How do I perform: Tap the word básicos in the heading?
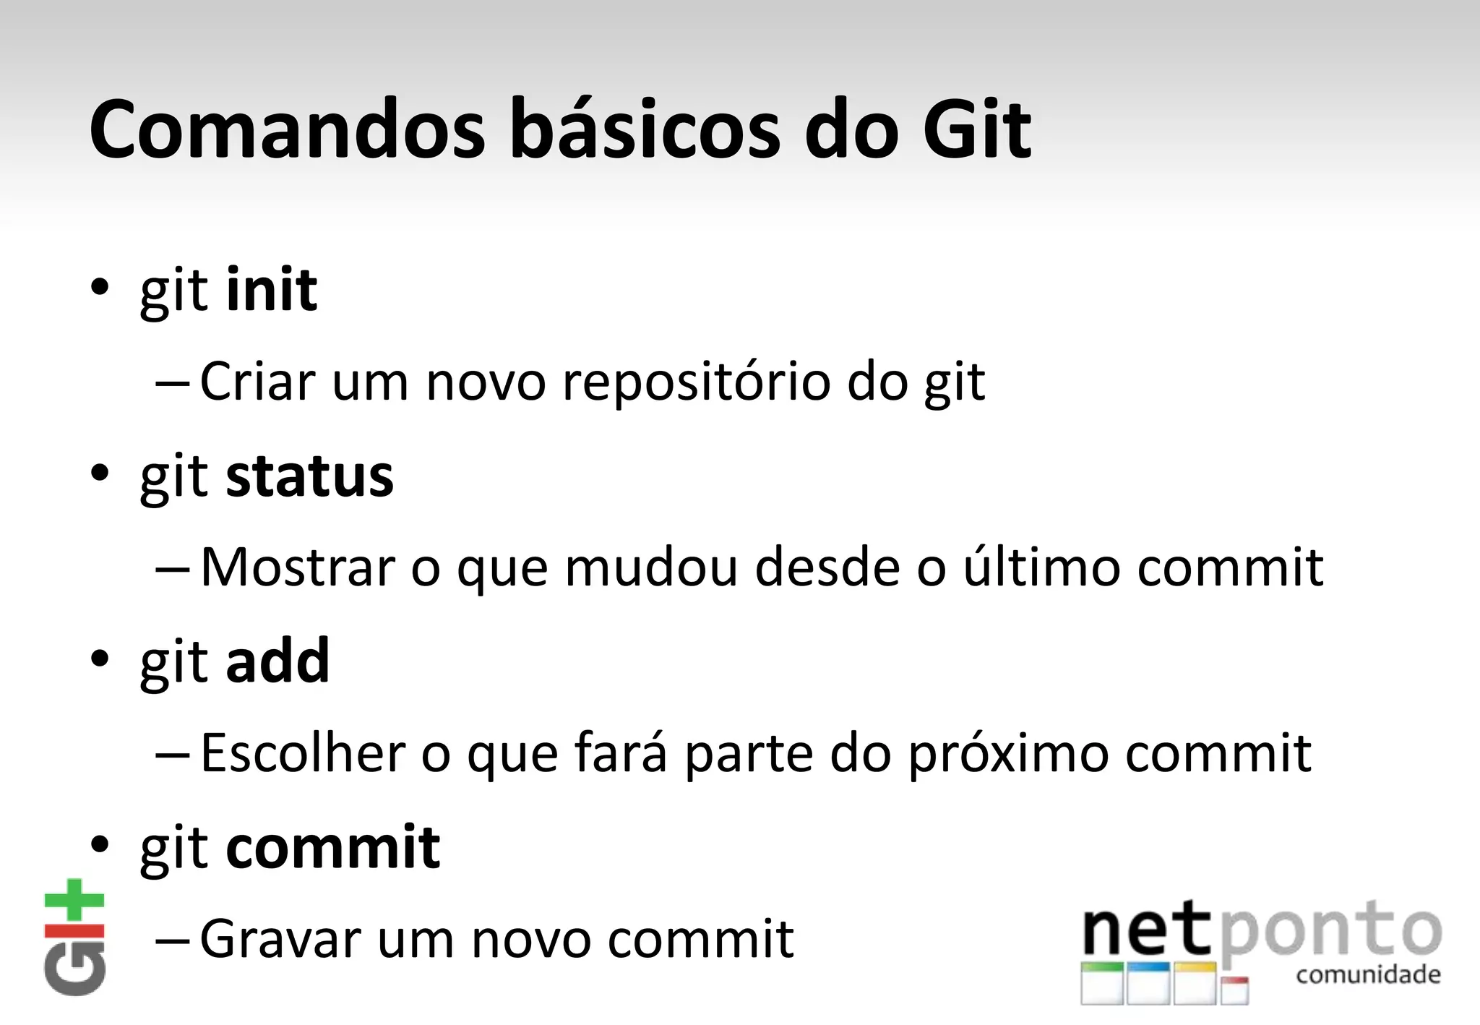(x=645, y=130)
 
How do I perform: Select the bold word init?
(x=271, y=290)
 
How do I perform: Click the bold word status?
(x=309, y=476)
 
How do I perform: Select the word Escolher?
(x=303, y=753)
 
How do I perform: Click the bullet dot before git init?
(x=100, y=288)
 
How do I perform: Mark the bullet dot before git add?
(x=100, y=659)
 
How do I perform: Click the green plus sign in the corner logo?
(x=74, y=900)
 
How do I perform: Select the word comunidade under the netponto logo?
(x=1368, y=974)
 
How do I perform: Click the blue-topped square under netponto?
(x=1148, y=983)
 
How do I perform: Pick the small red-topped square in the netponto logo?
(x=1234, y=990)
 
